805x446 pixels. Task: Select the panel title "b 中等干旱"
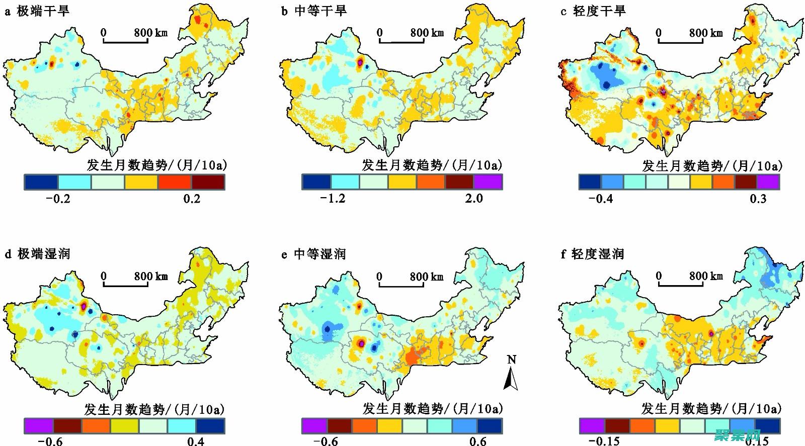313,11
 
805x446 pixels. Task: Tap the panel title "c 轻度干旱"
593,11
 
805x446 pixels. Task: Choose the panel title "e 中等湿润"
313,254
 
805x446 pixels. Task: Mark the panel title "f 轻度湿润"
592,254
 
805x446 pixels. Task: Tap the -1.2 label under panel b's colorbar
333,198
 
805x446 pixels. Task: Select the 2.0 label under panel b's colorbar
473,198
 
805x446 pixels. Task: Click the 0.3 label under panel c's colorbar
758,198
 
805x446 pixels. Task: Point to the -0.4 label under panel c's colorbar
601,198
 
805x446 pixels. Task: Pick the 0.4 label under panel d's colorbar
196,441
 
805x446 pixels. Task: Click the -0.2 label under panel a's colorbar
58,198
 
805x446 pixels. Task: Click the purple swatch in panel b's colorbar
488,182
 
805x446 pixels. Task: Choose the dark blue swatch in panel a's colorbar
41,182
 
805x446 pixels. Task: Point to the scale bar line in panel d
126,285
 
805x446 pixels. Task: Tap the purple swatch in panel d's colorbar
39,426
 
